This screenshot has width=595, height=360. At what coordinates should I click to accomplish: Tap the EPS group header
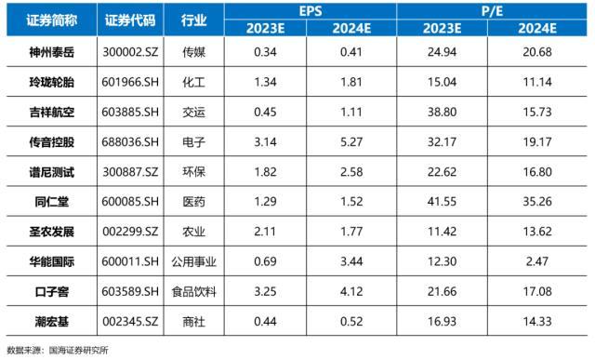click(x=310, y=10)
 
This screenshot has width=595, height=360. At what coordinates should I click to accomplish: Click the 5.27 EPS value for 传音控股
click(x=354, y=140)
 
